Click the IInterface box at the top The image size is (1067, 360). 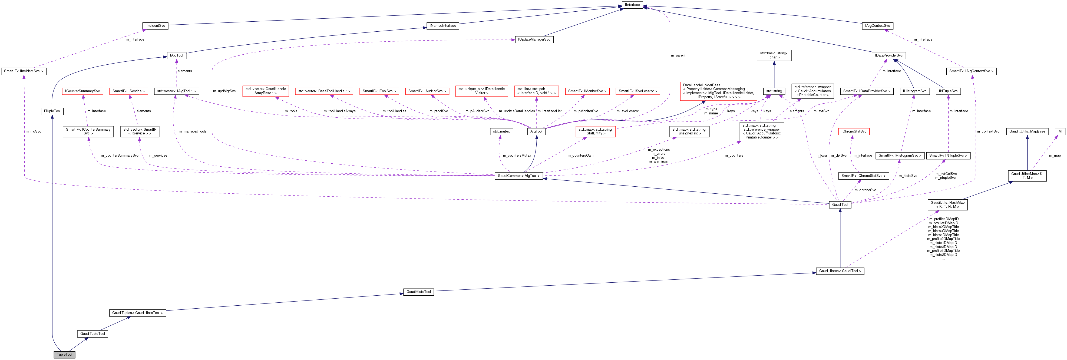click(632, 5)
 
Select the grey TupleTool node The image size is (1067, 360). click(64, 355)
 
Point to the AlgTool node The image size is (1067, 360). click(536, 132)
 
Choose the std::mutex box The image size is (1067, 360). click(501, 132)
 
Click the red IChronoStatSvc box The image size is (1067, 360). click(853, 132)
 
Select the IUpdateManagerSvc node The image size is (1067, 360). click(534, 40)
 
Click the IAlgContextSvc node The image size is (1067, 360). click(877, 26)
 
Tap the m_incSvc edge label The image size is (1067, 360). click(33, 132)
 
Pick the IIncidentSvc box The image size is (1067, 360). click(155, 26)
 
